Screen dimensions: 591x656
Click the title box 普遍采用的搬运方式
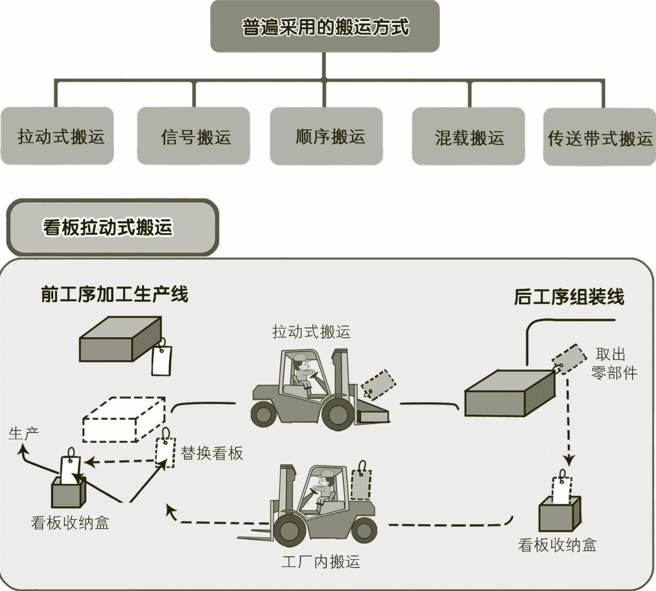(x=325, y=26)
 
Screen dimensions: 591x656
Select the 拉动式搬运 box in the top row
(x=57, y=136)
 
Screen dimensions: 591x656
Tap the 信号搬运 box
(x=193, y=136)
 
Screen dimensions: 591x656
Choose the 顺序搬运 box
(x=326, y=136)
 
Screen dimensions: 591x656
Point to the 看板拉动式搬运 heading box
(x=113, y=227)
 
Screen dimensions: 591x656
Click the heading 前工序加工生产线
(x=115, y=294)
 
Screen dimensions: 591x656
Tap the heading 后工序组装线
(x=569, y=297)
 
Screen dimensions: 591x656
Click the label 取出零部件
(x=613, y=363)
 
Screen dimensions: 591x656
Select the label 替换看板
(x=212, y=453)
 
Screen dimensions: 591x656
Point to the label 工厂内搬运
(x=321, y=562)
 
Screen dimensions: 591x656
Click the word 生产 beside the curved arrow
(x=24, y=433)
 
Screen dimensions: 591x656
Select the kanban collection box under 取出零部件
(x=559, y=513)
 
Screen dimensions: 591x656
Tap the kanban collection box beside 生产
(x=68, y=490)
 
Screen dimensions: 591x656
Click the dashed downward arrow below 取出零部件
(x=569, y=423)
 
